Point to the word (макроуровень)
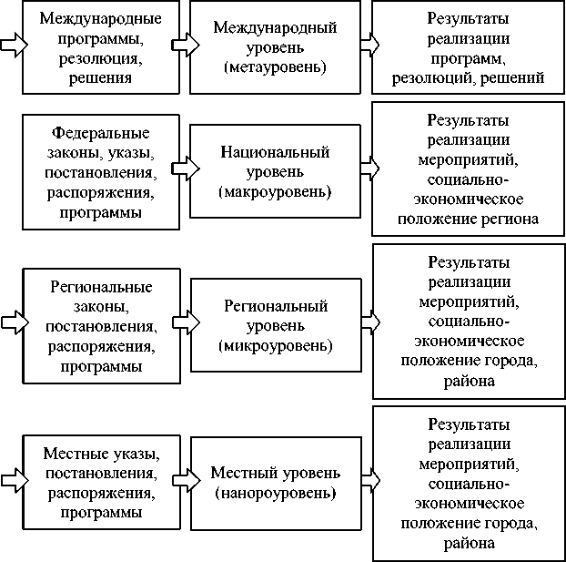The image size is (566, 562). [x=275, y=192]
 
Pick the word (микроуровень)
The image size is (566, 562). [x=275, y=346]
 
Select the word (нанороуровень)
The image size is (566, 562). [x=275, y=494]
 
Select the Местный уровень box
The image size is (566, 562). [x=275, y=483]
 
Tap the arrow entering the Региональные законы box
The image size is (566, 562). [x=12, y=322]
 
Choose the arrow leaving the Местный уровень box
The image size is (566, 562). [x=369, y=476]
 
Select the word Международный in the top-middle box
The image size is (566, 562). [x=275, y=28]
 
